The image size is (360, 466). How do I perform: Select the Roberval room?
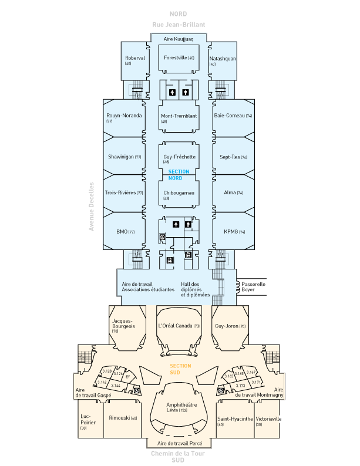pos(134,60)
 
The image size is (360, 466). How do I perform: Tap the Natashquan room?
pos(223,60)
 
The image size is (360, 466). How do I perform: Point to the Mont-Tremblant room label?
pos(179,116)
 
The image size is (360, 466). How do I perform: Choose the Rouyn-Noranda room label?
pos(124,116)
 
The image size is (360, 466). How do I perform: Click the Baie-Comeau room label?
pos(233,116)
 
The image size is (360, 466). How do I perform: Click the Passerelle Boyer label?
pos(254,287)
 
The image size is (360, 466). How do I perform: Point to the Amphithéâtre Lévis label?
pos(181,407)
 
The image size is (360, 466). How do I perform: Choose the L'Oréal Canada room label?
pos(179,326)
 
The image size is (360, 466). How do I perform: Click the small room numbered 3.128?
pos(107,371)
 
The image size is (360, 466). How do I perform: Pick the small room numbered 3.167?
pos(251,372)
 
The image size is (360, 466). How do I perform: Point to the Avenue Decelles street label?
pos(92,206)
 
